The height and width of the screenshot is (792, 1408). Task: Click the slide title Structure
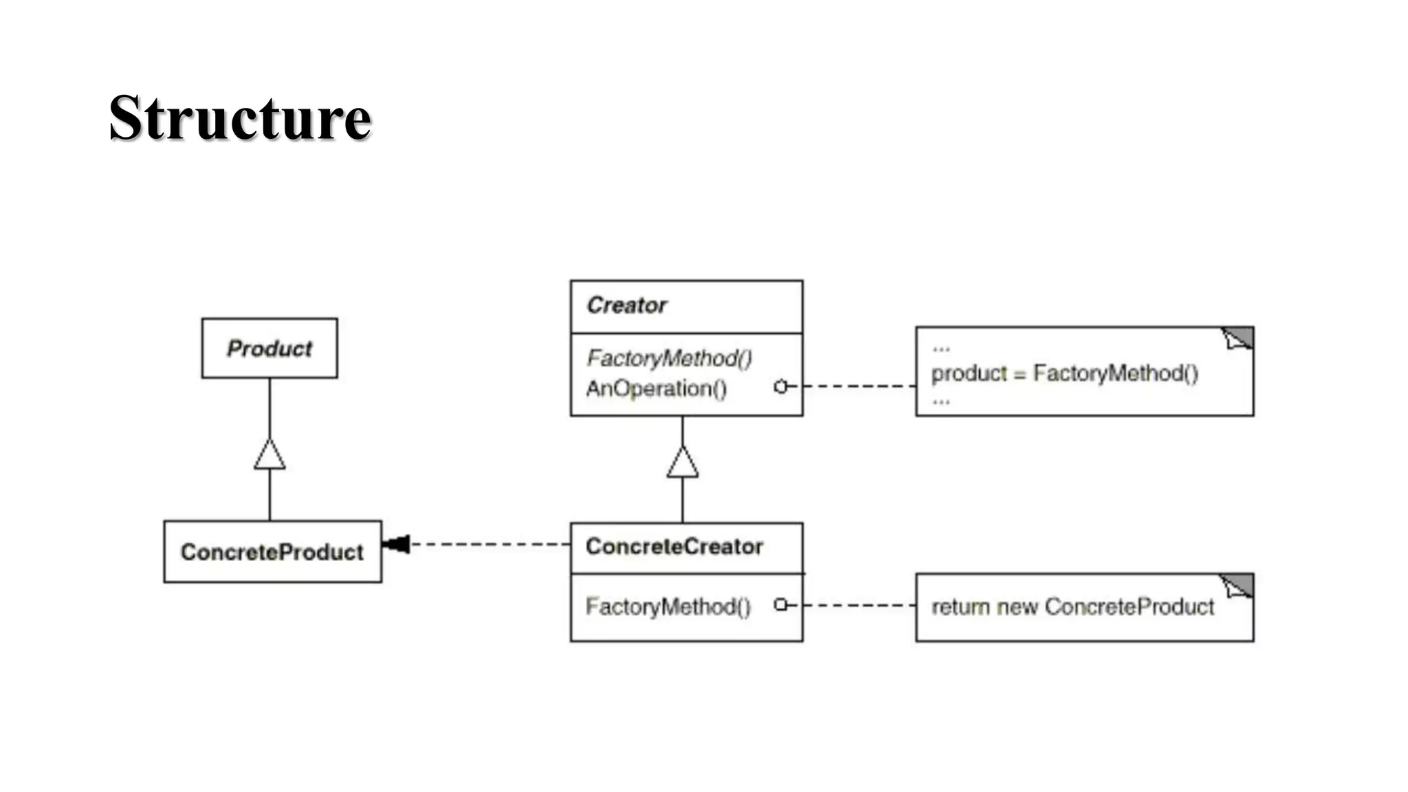click(240, 118)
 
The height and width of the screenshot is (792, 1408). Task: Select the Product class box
click(269, 348)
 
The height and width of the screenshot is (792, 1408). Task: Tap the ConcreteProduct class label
click(272, 552)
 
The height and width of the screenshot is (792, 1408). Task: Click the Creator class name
click(626, 305)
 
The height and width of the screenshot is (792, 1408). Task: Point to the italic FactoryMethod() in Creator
click(669, 358)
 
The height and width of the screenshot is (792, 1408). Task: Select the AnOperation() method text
click(656, 389)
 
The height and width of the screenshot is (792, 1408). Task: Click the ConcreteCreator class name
click(674, 547)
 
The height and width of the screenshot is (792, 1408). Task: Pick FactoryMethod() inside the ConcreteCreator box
click(668, 607)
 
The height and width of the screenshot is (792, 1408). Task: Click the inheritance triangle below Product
click(269, 454)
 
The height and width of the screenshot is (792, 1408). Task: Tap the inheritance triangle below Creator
click(683, 462)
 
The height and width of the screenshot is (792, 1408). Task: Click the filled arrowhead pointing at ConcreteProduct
click(397, 544)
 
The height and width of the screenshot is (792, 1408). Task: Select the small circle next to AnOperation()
click(780, 387)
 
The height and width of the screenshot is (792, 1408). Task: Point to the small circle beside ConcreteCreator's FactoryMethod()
click(780, 605)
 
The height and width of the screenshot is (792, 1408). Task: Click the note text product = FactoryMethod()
click(1064, 373)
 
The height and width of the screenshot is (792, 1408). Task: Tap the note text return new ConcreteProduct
click(1072, 607)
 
